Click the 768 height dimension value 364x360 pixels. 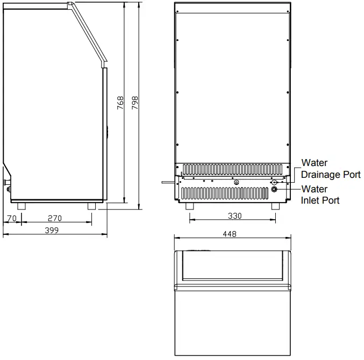(120, 102)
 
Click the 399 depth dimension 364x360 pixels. (51, 230)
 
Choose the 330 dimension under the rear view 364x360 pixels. (234, 216)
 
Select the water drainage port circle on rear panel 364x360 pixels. (274, 183)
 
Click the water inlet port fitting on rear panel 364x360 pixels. (274, 189)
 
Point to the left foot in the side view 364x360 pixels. (22, 206)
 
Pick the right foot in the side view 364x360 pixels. (91, 206)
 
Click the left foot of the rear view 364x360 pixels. (189, 206)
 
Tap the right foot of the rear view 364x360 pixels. (275, 206)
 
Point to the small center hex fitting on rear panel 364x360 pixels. (236, 182)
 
